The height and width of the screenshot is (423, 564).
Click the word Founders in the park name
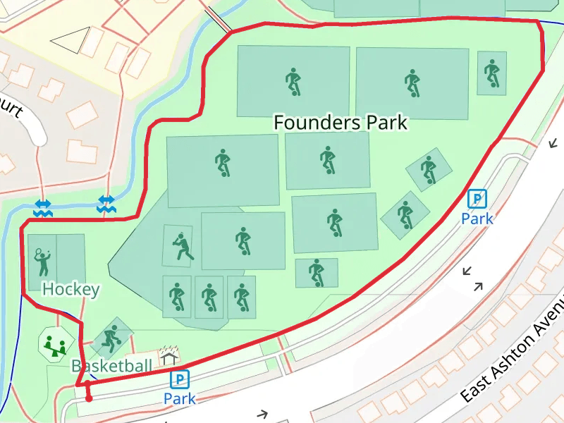[315, 123]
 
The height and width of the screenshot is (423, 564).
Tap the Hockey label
[70, 289]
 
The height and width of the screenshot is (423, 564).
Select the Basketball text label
[111, 366]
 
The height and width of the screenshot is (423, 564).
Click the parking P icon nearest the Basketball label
[180, 380]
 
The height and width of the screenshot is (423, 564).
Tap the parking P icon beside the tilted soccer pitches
[477, 200]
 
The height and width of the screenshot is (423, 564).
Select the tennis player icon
[42, 262]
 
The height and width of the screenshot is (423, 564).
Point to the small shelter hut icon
[168, 355]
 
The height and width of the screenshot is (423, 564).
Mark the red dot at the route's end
[89, 399]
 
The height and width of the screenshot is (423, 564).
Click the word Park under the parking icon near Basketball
[179, 399]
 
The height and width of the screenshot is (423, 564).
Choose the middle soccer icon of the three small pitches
[209, 298]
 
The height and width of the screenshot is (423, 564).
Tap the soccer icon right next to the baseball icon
[243, 240]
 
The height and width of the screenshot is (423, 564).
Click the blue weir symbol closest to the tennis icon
[42, 207]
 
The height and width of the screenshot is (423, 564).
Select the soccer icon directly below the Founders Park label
[327, 160]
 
